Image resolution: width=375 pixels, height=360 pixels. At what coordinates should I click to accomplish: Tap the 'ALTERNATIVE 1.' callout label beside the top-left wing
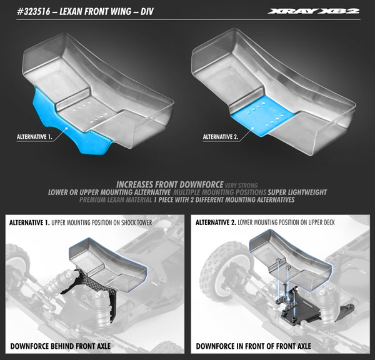(41, 134)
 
